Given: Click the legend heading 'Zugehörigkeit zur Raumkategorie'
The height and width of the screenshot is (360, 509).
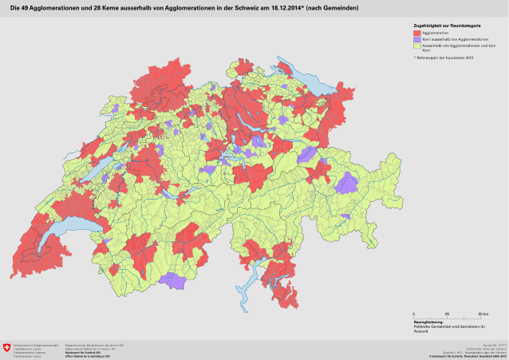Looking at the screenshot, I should tap(441, 26).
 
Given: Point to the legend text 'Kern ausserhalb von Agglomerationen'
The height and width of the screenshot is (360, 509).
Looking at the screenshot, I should tap(448, 39).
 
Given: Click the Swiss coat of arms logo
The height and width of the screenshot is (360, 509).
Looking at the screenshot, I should tap(8, 347).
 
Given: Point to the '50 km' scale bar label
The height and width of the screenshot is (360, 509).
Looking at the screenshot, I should tap(483, 315).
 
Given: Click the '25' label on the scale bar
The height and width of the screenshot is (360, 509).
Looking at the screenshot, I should tap(446, 315).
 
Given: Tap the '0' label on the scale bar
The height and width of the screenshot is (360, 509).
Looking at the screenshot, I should tap(414, 315).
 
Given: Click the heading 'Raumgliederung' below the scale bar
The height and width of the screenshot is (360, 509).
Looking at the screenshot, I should tap(429, 322).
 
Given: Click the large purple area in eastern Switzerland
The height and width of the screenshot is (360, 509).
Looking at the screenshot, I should tap(347, 184).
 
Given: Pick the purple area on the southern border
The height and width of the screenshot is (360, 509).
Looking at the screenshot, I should tap(172, 279).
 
